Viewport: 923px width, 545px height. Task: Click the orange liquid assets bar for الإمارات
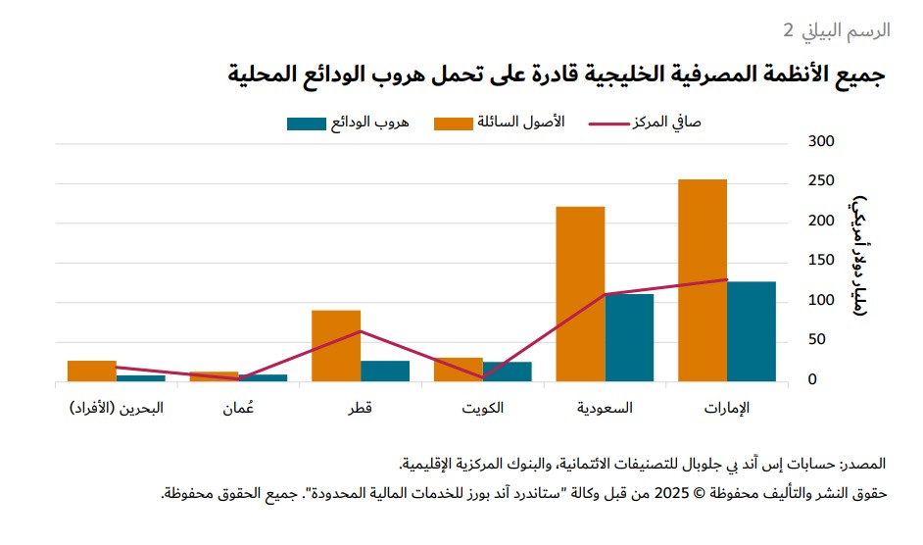point(703,280)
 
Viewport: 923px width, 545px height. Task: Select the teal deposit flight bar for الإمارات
point(752,331)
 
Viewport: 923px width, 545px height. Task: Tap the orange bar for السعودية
point(580,294)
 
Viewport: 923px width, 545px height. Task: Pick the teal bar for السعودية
point(629,337)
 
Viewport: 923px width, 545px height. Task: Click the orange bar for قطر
point(336,345)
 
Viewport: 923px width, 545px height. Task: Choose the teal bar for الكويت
point(508,372)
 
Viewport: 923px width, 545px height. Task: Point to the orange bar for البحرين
point(92,371)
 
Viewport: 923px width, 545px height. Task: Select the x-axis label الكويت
point(483,408)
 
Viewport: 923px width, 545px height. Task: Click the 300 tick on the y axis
point(821,142)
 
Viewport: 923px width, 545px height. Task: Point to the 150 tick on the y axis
point(821,261)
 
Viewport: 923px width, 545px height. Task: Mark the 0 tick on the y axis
point(826,380)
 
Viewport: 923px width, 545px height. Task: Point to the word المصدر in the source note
point(864,462)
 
